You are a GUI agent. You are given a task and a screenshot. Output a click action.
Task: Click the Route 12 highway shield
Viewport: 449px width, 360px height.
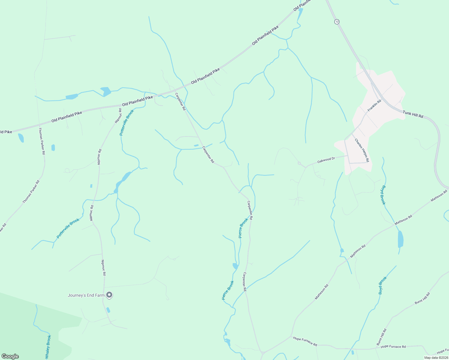(x=337, y=22)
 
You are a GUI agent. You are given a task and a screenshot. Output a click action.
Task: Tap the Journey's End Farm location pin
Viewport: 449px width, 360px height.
(x=110, y=295)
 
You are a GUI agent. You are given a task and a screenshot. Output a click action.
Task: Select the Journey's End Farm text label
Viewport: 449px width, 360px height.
(x=86, y=295)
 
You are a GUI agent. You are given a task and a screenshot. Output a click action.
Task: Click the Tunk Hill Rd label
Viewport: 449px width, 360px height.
(x=413, y=114)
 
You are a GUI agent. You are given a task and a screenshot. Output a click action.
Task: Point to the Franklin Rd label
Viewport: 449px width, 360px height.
(x=374, y=105)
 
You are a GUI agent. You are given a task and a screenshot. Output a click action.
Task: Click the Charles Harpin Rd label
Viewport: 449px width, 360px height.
(x=362, y=150)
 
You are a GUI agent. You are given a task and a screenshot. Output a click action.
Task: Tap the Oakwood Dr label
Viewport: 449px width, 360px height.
(x=326, y=160)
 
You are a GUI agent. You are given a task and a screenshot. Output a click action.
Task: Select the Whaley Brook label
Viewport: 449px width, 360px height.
(x=48, y=347)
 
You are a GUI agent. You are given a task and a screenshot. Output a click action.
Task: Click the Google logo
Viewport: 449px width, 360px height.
(x=10, y=356)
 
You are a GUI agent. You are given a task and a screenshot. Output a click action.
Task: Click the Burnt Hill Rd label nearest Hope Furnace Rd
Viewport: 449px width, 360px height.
(x=381, y=337)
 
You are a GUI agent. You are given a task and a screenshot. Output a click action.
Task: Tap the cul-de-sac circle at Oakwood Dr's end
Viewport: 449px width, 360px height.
(x=299, y=163)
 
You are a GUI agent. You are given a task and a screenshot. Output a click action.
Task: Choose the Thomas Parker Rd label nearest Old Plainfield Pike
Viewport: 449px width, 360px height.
(x=42, y=141)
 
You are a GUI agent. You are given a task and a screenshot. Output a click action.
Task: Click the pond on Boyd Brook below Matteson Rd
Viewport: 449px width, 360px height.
(x=400, y=239)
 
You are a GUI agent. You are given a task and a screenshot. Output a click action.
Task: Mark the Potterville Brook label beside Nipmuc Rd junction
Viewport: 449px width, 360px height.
(x=126, y=122)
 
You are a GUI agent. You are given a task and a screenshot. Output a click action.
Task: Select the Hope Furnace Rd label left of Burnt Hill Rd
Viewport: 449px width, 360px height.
(x=305, y=341)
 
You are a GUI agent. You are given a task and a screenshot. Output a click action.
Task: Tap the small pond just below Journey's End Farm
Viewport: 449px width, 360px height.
(x=108, y=310)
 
